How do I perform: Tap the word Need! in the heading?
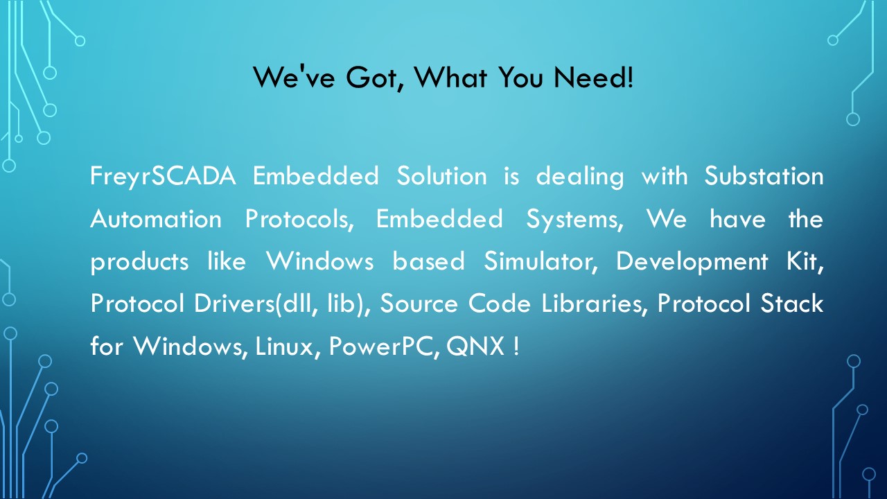click(594, 77)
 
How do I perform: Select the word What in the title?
click(450, 77)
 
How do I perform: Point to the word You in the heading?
click(520, 77)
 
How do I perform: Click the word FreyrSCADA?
click(163, 177)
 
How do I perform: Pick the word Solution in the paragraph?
click(441, 175)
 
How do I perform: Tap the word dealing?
click(580, 177)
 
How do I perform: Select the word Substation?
click(764, 175)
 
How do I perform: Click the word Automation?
click(156, 218)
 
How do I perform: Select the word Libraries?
click(595, 304)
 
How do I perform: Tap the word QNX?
click(475, 347)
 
